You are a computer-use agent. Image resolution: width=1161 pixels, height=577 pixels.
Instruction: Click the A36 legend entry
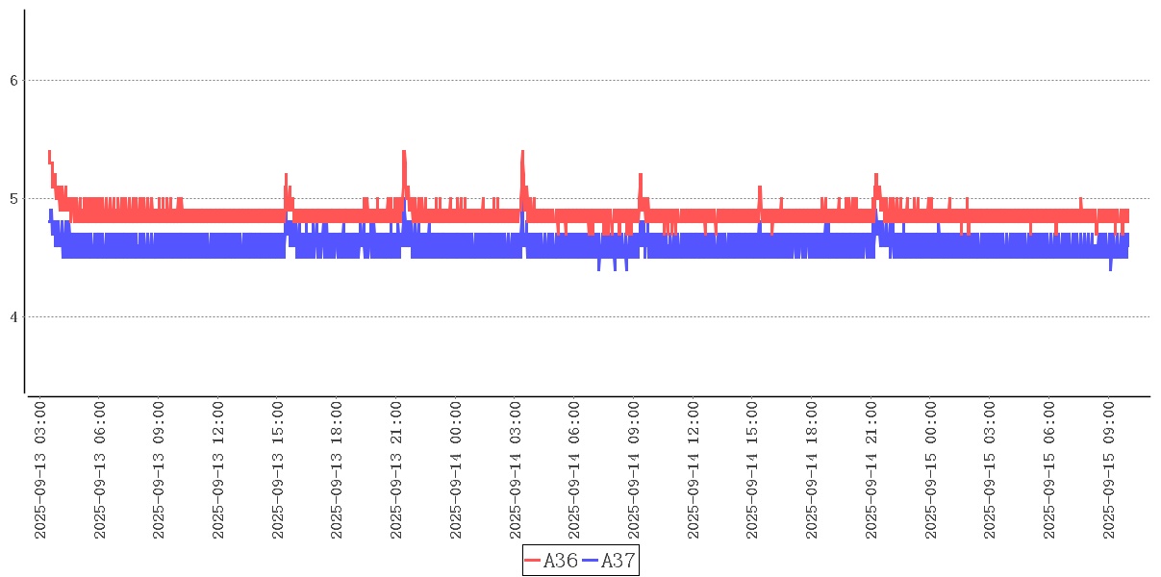tap(552, 561)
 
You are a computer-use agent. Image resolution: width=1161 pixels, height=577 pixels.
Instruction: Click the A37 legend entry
tap(610, 561)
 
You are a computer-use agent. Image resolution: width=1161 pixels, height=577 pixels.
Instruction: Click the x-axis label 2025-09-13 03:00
tap(41, 471)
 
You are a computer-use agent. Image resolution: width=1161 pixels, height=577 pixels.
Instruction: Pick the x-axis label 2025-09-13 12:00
tap(219, 471)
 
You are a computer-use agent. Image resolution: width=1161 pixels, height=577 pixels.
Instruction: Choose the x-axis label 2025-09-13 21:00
tap(397, 471)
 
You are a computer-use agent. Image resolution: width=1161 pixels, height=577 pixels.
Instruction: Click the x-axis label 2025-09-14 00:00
tap(457, 471)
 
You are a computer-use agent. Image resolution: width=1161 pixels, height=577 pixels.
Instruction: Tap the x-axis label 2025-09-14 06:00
tap(575, 471)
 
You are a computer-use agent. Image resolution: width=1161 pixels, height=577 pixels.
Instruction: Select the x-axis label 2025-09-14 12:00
tap(694, 471)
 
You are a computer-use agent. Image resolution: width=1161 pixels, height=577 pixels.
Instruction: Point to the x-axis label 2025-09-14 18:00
tap(813, 471)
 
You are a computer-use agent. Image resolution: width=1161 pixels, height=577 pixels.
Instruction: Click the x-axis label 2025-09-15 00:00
tap(931, 471)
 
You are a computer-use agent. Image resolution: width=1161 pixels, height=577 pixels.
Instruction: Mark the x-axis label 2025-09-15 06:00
tap(1049, 471)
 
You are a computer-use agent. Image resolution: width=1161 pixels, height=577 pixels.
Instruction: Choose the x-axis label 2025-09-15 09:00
tap(1109, 471)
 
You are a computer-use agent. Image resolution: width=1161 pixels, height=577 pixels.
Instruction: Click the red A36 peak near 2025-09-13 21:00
tap(404, 152)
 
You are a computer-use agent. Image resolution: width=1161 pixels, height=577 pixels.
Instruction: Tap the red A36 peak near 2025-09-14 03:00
tap(522, 152)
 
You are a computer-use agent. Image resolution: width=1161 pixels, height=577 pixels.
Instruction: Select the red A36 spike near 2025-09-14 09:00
tap(641, 175)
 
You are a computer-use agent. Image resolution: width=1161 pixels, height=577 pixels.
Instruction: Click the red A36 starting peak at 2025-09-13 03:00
tap(49, 152)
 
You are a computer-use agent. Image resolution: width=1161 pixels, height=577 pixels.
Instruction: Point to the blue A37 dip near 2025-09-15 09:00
tap(1110, 269)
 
